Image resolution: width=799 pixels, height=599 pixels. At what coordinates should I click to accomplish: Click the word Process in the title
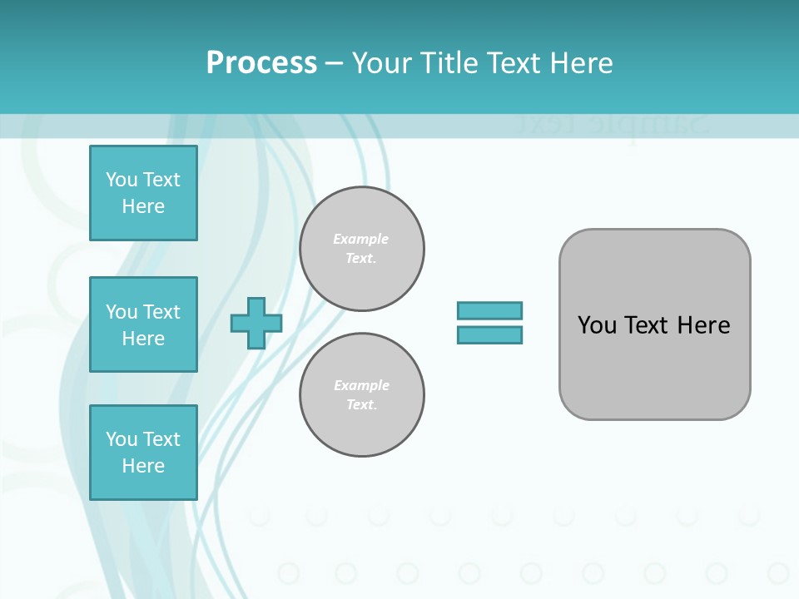click(261, 63)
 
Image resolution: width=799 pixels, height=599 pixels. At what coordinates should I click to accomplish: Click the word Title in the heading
click(447, 63)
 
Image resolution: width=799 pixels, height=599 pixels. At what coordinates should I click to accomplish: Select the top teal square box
click(143, 193)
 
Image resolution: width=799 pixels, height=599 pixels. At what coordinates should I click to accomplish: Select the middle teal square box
click(143, 324)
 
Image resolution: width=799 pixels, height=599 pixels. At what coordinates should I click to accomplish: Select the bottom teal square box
click(143, 453)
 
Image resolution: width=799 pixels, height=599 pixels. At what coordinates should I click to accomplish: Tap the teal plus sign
click(256, 324)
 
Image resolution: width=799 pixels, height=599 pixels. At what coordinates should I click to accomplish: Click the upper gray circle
click(361, 249)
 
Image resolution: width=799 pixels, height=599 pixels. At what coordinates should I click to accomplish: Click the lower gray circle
click(361, 395)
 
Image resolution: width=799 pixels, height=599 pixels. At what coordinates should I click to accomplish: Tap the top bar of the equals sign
click(489, 311)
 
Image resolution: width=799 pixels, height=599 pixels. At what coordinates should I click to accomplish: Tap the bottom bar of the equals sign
click(489, 335)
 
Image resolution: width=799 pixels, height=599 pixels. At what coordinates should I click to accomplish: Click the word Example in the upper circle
click(360, 239)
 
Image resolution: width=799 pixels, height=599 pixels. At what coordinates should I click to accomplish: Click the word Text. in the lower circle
click(361, 405)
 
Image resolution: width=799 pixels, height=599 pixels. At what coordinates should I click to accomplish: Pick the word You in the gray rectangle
click(597, 325)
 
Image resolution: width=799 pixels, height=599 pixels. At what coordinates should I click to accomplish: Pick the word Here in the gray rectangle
click(703, 325)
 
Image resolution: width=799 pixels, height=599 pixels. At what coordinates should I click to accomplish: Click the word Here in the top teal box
click(143, 206)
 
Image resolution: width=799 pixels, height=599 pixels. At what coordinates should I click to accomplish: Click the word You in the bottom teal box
click(122, 439)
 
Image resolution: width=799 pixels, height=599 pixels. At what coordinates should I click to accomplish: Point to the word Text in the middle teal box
click(161, 312)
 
